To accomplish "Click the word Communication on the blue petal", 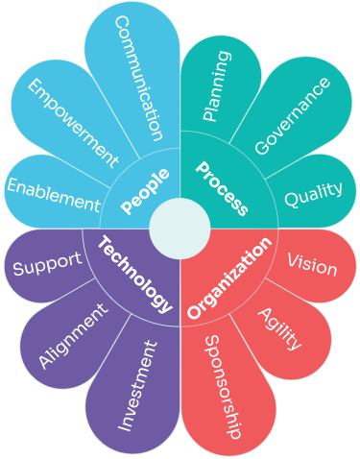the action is [138, 79].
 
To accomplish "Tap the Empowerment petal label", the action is [73, 123].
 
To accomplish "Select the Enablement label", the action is [54, 195].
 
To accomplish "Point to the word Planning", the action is [217, 85].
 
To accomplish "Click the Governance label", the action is [292, 116].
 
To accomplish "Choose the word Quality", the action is [314, 195].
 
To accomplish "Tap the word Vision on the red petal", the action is [312, 265].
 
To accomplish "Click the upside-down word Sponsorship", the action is [223, 387].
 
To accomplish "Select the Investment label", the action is [137, 386].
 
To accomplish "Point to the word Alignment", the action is [73, 335].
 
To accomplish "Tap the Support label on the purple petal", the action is [48, 264].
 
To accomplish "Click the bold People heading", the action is [145, 191].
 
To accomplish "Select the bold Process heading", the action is [222, 188].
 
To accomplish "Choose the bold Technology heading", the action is [135, 275].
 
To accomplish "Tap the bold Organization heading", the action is [229, 278].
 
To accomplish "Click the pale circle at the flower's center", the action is [180, 229].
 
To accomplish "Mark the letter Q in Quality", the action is [291, 200].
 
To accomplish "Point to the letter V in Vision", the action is [293, 260].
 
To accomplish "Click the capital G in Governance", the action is [262, 147].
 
